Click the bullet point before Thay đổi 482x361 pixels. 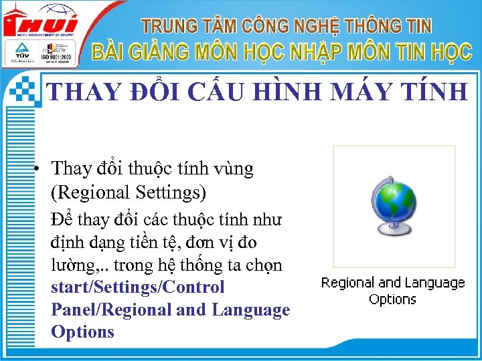coord(41,169)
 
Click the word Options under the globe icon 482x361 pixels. coord(393,299)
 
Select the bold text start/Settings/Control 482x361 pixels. coord(137,287)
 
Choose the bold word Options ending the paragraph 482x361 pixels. coord(82,332)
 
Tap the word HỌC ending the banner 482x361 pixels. coord(447,52)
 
